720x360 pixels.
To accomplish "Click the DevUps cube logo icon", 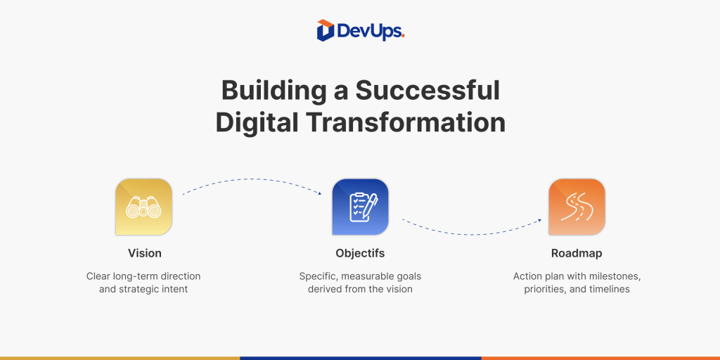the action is (325, 30).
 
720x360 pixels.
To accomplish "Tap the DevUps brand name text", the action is (371, 31).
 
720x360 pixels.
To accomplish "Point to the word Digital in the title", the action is (257, 123).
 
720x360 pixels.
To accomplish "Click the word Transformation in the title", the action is (406, 123).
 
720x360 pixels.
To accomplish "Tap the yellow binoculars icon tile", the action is (143, 207).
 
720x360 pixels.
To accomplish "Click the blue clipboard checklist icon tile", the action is (360, 207).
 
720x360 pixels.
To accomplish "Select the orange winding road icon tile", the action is (577, 207).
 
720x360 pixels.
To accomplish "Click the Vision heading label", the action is (145, 253).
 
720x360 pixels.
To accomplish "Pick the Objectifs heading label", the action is (360, 253).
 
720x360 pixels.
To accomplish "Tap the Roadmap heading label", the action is (577, 253).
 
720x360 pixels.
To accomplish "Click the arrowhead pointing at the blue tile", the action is (320, 194).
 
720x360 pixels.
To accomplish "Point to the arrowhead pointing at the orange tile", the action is (539, 220).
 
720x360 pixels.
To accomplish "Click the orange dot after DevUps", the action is (403, 37).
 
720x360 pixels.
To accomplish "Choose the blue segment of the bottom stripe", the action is (360, 358).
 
